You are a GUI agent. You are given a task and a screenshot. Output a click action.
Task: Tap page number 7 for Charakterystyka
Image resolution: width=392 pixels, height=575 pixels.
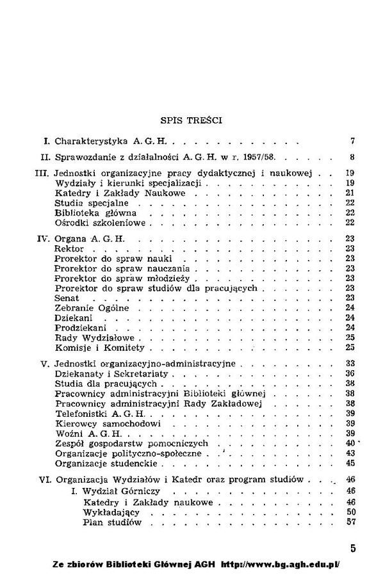(353, 140)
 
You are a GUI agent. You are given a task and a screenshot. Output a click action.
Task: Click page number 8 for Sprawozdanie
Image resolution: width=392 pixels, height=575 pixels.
(352, 157)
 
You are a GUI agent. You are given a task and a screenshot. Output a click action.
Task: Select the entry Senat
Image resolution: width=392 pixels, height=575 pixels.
(67, 298)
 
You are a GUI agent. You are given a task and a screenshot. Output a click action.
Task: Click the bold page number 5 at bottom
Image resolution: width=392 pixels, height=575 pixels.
(353, 548)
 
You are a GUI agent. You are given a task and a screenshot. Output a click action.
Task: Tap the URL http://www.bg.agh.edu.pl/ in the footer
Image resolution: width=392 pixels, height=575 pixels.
(280, 565)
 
